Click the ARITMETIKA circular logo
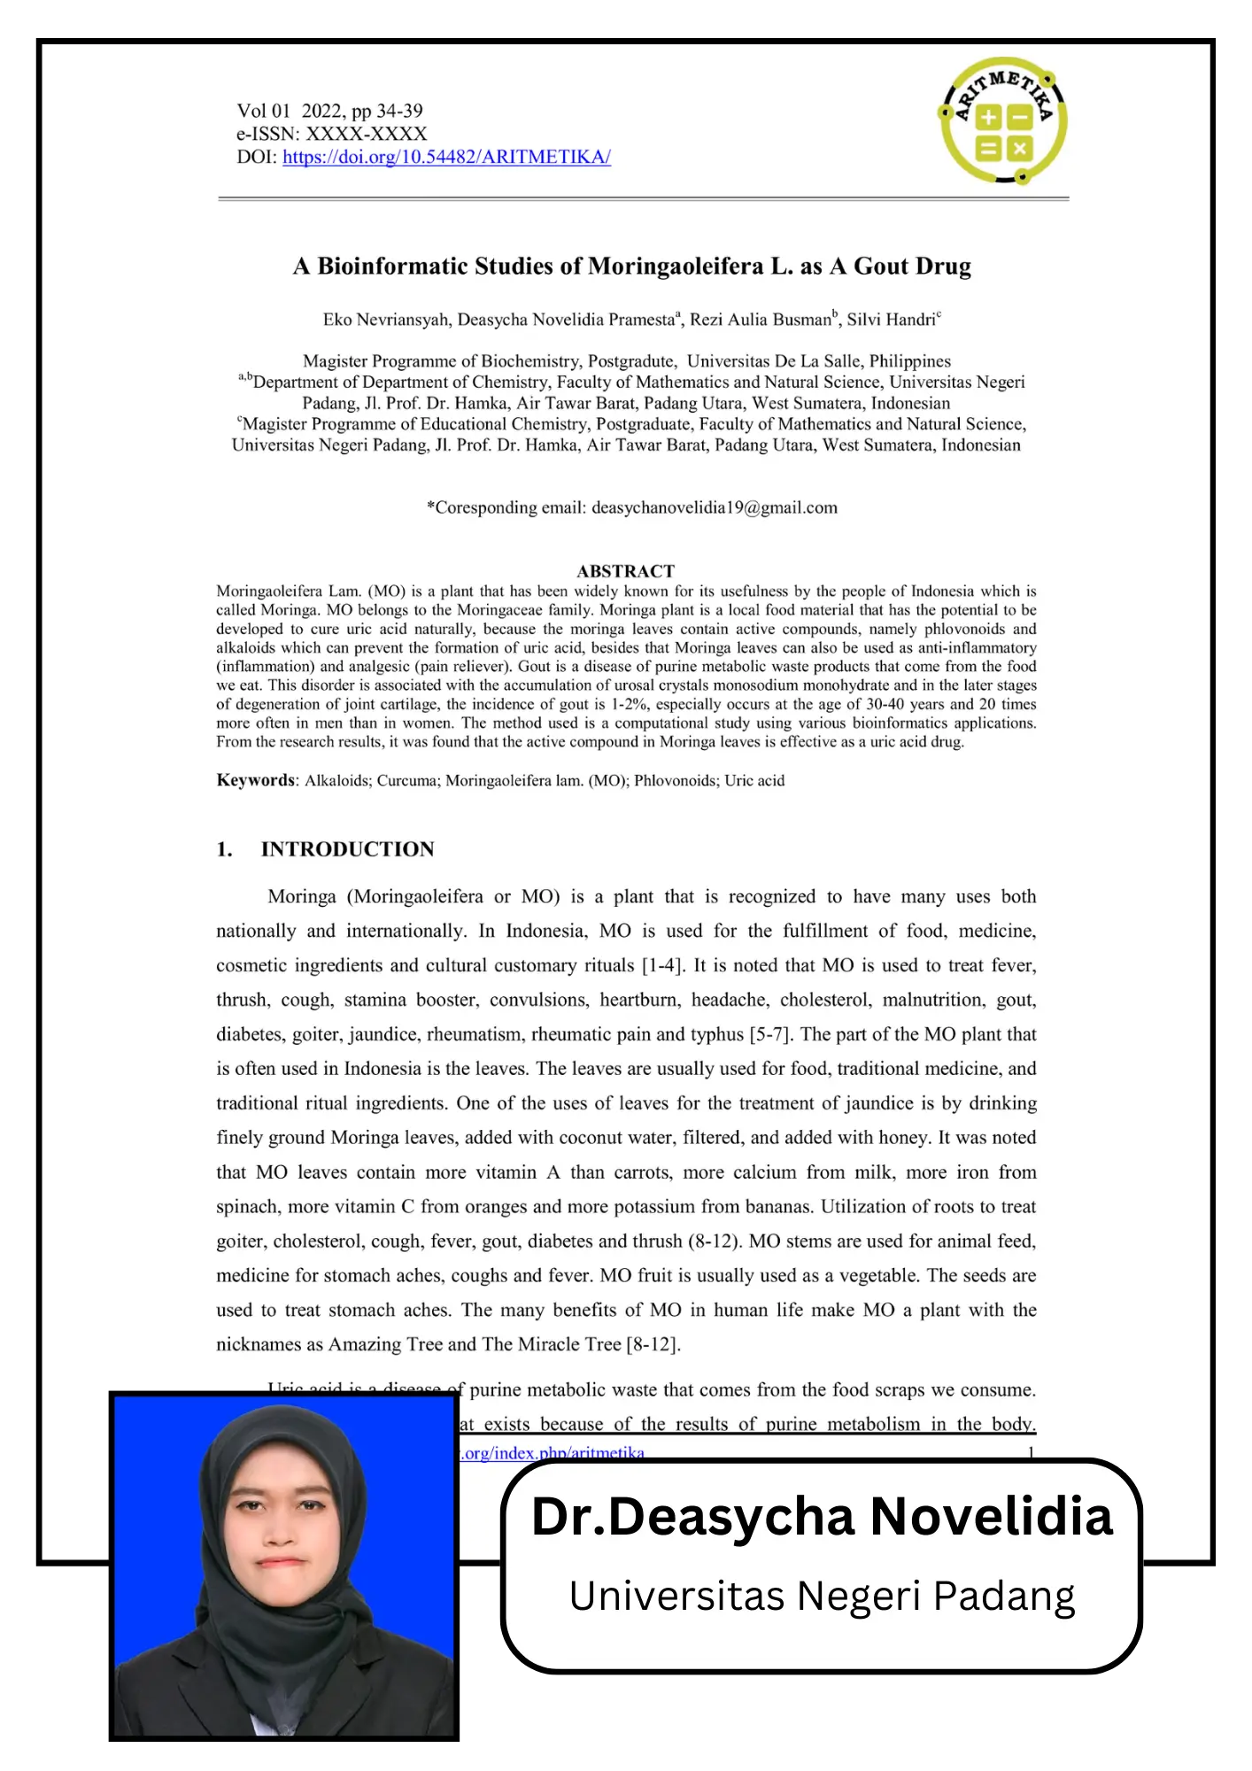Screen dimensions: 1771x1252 [x=1003, y=120]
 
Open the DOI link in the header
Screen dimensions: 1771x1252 [x=446, y=157]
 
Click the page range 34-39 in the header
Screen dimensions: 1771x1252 [x=399, y=111]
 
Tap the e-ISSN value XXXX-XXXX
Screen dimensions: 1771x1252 [x=366, y=134]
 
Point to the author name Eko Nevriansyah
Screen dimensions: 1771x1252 [x=385, y=320]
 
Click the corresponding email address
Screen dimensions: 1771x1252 [x=714, y=507]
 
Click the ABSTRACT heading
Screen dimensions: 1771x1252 [x=625, y=571]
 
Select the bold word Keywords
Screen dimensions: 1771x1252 [x=255, y=780]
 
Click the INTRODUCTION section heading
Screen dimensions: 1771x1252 [x=347, y=849]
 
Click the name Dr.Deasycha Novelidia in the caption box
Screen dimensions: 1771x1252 [x=821, y=1517]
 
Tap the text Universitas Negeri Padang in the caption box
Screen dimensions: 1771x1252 [x=821, y=1596]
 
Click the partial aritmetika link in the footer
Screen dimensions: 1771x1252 [x=552, y=1453]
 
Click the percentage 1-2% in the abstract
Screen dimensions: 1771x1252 [x=630, y=705]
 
